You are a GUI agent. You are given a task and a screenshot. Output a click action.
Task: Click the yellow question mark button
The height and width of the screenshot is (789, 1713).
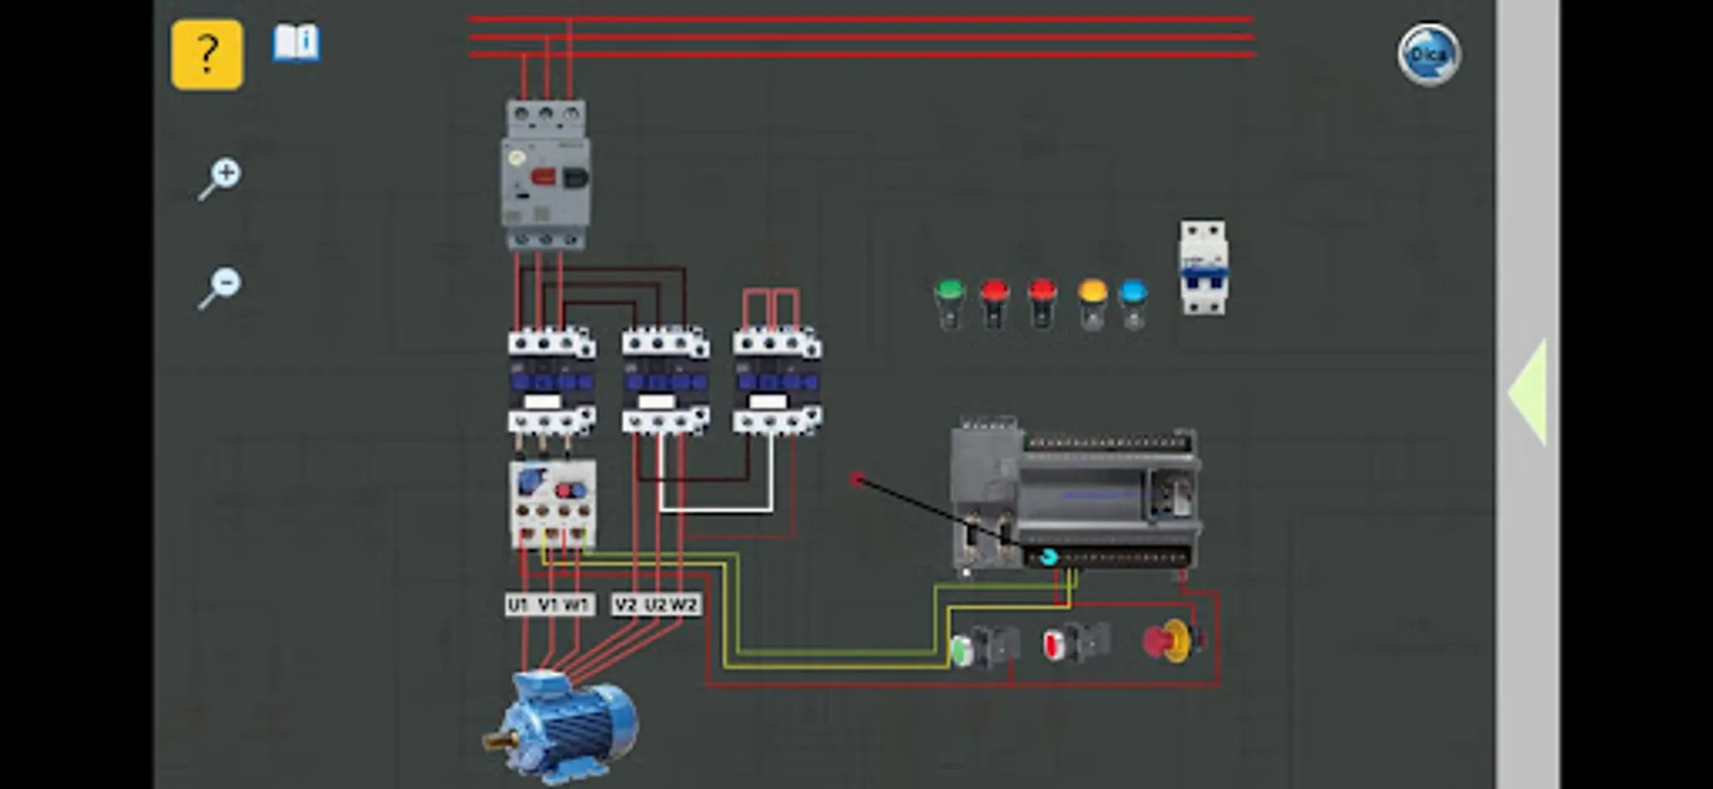pyautogui.click(x=207, y=55)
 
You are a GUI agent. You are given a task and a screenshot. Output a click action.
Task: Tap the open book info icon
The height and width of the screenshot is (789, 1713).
pyautogui.click(x=296, y=43)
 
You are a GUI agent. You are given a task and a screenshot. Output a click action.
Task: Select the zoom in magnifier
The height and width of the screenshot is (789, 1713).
pyautogui.click(x=220, y=178)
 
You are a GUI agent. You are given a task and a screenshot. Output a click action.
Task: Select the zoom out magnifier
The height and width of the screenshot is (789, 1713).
pyautogui.click(x=220, y=288)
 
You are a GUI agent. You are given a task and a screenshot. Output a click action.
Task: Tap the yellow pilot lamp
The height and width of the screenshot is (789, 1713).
pyautogui.click(x=1092, y=302)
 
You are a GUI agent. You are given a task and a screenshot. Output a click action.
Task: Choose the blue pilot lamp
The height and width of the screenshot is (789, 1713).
pyautogui.click(x=1132, y=302)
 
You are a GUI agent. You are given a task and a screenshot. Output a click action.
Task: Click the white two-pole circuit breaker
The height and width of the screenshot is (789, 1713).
pyautogui.click(x=1203, y=267)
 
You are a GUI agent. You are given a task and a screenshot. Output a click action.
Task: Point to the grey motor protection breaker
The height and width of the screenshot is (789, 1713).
pyautogui.click(x=546, y=175)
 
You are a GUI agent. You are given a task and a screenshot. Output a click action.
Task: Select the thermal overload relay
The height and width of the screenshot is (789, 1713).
pyautogui.click(x=553, y=504)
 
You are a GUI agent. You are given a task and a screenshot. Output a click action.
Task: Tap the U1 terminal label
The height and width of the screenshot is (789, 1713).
pyautogui.click(x=517, y=605)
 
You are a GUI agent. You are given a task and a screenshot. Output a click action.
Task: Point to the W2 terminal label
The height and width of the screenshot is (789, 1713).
pyautogui.click(x=684, y=605)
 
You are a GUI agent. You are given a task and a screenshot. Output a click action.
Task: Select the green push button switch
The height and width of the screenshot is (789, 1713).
pyautogui.click(x=982, y=647)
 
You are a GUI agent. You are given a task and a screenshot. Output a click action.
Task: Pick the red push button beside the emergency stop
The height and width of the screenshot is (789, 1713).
pyautogui.click(x=1074, y=643)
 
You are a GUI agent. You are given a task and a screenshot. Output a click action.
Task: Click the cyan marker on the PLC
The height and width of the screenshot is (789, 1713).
pyautogui.click(x=1048, y=557)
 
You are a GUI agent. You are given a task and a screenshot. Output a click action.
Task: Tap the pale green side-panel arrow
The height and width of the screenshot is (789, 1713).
pyautogui.click(x=1528, y=393)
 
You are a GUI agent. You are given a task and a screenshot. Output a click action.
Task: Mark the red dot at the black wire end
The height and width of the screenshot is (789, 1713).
pyautogui.click(x=857, y=479)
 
